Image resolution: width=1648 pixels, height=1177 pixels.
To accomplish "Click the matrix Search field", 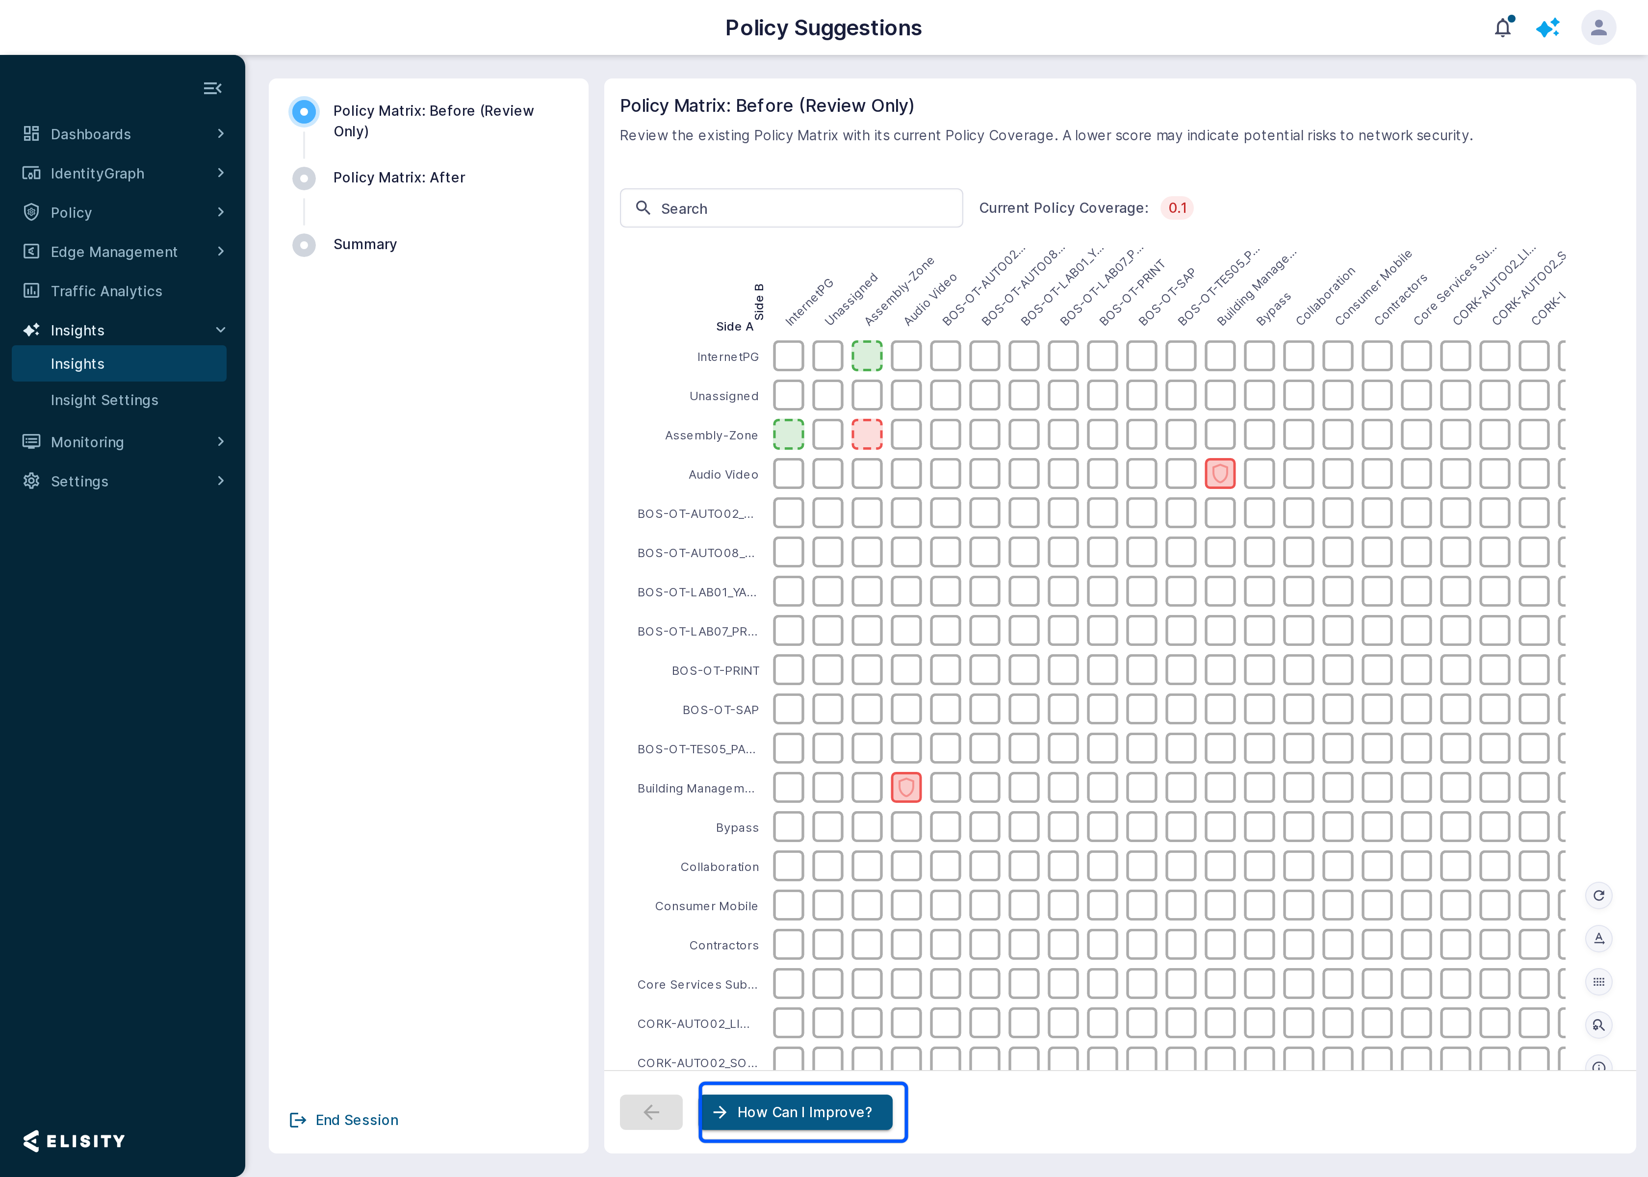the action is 792,208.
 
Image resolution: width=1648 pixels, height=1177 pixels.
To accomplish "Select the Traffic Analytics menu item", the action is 106,291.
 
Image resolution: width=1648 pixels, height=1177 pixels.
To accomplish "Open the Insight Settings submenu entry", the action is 104,400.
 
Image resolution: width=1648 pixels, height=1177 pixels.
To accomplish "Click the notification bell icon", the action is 1503,27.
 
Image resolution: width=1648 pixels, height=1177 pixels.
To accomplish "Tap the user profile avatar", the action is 1599,27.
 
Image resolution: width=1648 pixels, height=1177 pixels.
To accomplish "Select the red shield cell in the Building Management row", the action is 906,788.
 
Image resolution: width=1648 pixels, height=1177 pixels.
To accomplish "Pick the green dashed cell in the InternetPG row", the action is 867,356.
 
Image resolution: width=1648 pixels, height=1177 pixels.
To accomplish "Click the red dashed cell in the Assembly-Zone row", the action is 867,434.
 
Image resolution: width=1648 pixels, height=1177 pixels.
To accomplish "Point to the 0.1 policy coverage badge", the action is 1177,208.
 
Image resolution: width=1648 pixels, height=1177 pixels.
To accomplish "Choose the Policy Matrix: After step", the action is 399,178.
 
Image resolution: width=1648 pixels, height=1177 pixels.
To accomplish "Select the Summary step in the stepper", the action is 364,244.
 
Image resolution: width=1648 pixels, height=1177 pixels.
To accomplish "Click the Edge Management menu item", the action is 114,252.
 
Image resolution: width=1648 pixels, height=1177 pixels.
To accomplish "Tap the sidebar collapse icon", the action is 212,88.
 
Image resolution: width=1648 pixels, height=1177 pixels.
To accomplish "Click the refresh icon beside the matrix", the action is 1599,896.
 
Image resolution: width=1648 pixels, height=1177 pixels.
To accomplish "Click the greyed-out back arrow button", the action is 651,1112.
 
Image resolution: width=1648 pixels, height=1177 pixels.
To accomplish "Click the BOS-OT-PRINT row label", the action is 715,670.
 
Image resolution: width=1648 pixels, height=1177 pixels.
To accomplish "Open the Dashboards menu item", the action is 91,134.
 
